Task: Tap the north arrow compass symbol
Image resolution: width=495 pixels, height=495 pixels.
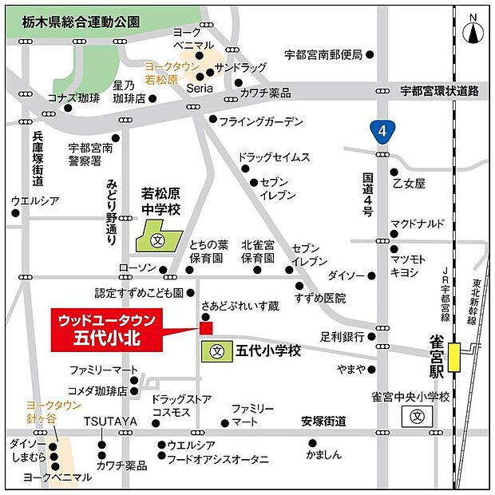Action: point(474,31)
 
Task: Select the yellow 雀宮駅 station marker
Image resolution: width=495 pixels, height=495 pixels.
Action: point(453,356)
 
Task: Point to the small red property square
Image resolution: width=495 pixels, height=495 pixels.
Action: point(206,327)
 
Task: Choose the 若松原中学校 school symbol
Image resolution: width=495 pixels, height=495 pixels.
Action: point(158,238)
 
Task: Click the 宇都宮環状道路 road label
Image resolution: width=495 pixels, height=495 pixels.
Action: point(439,91)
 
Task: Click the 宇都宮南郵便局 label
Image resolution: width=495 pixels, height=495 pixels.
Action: point(323,55)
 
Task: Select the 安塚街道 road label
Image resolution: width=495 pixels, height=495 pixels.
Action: point(323,421)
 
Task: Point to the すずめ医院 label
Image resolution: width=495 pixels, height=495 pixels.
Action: point(319,299)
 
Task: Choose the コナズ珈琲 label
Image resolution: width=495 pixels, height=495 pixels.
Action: point(73,98)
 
